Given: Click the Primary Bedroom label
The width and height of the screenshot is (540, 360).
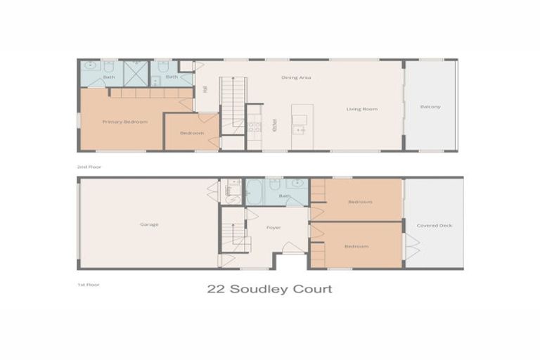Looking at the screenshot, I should [125, 122].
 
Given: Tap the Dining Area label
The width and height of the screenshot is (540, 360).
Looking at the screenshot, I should [296, 77].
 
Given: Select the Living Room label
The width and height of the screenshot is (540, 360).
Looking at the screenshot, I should [361, 109].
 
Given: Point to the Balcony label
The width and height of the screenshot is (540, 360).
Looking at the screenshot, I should [430, 107].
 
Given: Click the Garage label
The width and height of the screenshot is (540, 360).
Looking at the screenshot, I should [149, 224].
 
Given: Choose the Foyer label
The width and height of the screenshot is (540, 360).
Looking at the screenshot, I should [274, 227].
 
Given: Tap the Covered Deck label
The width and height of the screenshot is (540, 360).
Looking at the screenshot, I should [435, 226].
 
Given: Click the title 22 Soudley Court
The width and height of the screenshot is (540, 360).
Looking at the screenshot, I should [269, 289].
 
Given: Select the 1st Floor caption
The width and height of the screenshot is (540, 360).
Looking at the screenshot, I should [86, 285].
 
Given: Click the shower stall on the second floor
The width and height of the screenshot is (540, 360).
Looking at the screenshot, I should [136, 73].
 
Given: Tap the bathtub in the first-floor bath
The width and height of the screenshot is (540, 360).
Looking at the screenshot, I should [255, 192].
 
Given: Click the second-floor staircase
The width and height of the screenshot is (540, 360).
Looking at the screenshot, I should [231, 105].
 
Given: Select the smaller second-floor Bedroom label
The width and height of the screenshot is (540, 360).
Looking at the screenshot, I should [191, 133].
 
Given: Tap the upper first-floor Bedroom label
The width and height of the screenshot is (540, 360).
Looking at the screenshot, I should [360, 202].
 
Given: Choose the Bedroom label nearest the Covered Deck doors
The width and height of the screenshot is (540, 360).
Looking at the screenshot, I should [356, 246].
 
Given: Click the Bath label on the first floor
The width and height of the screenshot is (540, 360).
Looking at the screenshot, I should [284, 196].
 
